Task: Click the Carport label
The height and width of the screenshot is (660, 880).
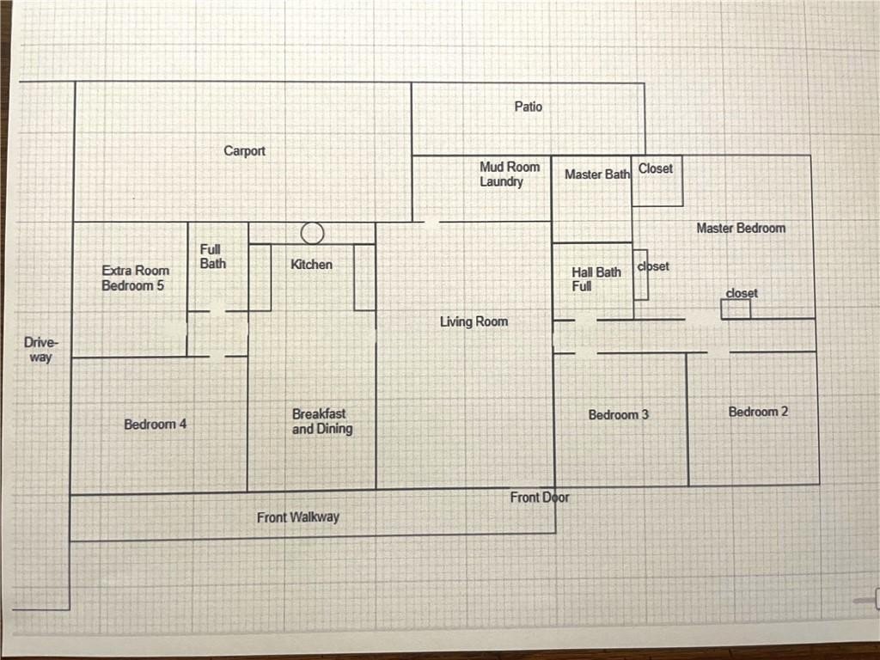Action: point(245,151)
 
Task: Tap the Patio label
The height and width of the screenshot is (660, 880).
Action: point(529,107)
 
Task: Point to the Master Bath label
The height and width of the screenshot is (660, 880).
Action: point(597,174)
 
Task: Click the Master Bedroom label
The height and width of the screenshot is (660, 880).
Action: point(741,228)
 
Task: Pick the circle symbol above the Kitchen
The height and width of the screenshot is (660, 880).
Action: point(313,233)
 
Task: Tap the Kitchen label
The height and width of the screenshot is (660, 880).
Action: point(311,264)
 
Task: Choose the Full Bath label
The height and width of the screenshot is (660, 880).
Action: point(213,256)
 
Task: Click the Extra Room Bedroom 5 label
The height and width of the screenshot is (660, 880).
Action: point(135,278)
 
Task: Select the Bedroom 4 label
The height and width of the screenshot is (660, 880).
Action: point(155,424)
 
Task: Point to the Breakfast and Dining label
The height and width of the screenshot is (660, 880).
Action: point(321,421)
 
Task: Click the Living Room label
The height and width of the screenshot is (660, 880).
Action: point(474,321)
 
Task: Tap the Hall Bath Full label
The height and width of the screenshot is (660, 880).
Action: point(596,278)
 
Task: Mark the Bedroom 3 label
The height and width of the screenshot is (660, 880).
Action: point(618,414)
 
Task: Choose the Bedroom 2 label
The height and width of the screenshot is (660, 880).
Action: point(758,412)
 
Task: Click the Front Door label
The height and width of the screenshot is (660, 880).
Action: point(540,497)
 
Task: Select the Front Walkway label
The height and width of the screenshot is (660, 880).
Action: point(298,517)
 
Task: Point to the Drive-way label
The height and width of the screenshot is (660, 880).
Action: point(40,349)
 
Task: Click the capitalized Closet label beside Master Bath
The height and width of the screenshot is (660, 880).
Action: point(656,168)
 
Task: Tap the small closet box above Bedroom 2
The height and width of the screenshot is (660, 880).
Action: point(736,309)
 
